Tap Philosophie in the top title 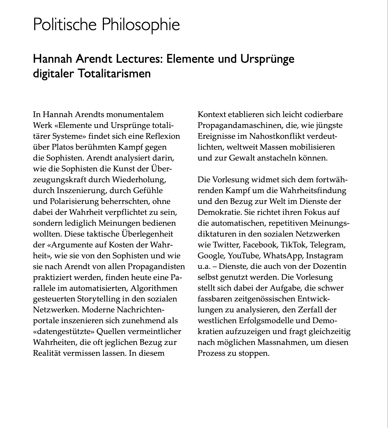[x=141, y=25]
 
